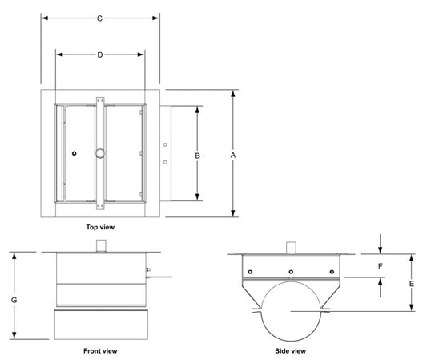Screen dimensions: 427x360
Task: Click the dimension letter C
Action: tap(99, 18)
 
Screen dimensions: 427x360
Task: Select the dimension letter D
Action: tap(100, 55)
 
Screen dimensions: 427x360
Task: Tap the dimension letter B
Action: tap(197, 156)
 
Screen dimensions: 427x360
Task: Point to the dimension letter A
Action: tap(233, 155)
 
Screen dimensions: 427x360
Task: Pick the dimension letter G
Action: tap(14, 300)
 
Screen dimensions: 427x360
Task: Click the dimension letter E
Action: tap(412, 284)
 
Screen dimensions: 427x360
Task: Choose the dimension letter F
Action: tap(381, 266)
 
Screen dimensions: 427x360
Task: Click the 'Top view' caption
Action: tap(100, 227)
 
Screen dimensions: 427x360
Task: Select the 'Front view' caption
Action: tap(100, 350)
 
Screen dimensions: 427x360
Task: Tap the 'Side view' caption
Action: tap(290, 350)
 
